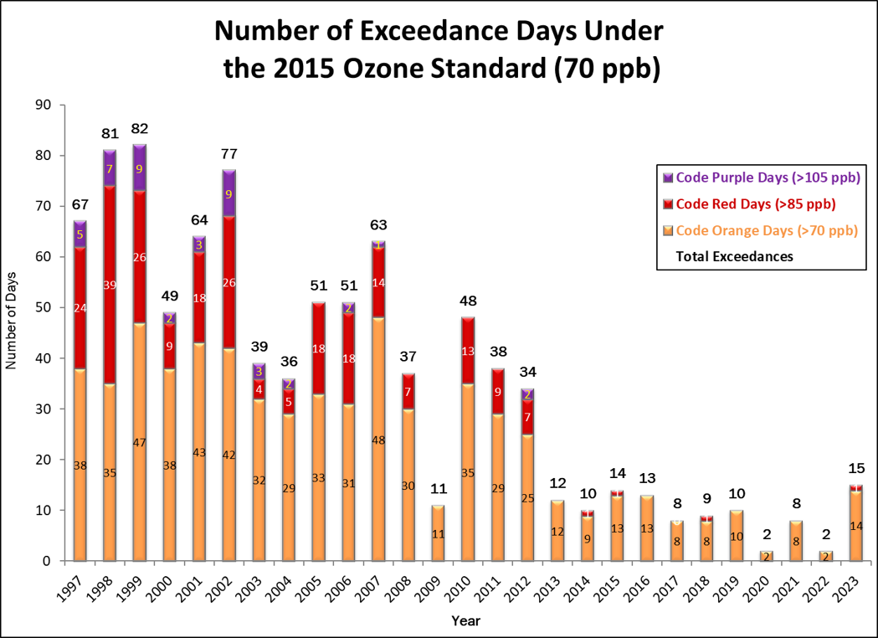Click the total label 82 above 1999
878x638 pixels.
[x=141, y=130]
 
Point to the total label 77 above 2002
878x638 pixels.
[x=229, y=154]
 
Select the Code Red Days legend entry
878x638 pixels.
[x=755, y=203]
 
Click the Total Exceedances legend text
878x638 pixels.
[x=734, y=256]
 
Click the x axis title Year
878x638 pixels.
[x=465, y=620]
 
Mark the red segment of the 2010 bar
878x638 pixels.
[x=469, y=350]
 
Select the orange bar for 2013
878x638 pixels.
[x=557, y=531]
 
